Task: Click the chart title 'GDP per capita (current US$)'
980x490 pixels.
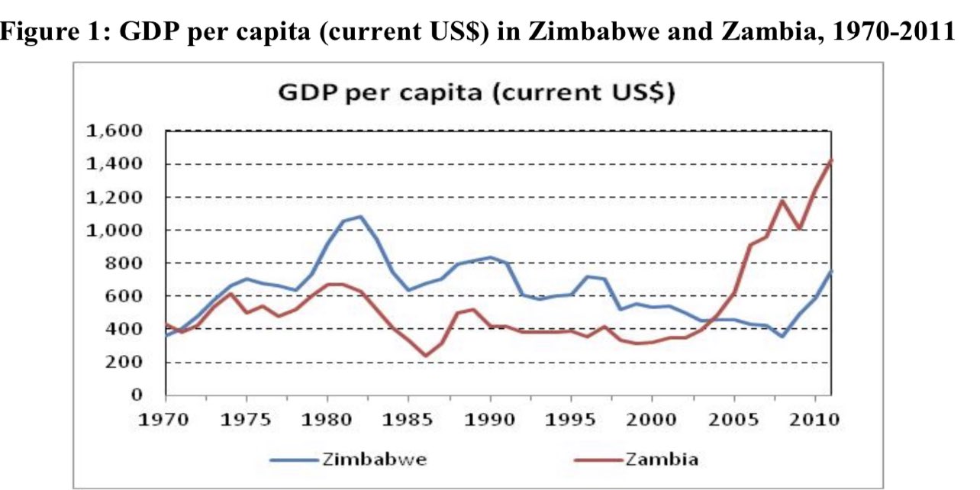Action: (477, 93)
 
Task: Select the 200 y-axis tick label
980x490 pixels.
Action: (127, 362)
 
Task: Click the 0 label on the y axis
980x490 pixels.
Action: (138, 395)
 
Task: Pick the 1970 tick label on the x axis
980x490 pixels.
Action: (166, 419)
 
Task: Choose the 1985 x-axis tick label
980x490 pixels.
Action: (408, 419)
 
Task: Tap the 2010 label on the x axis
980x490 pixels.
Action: (814, 419)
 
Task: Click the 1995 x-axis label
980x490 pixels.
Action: (571, 419)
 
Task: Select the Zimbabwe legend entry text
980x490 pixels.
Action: (374, 459)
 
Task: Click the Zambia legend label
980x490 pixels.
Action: (661, 459)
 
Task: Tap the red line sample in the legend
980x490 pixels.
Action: (596, 459)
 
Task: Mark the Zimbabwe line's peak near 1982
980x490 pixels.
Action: (360, 216)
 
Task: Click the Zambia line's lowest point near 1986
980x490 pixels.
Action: (425, 356)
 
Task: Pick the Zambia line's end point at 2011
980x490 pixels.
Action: (831, 160)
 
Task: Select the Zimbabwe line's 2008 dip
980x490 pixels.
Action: (782, 337)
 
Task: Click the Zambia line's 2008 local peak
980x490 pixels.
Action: (782, 201)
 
